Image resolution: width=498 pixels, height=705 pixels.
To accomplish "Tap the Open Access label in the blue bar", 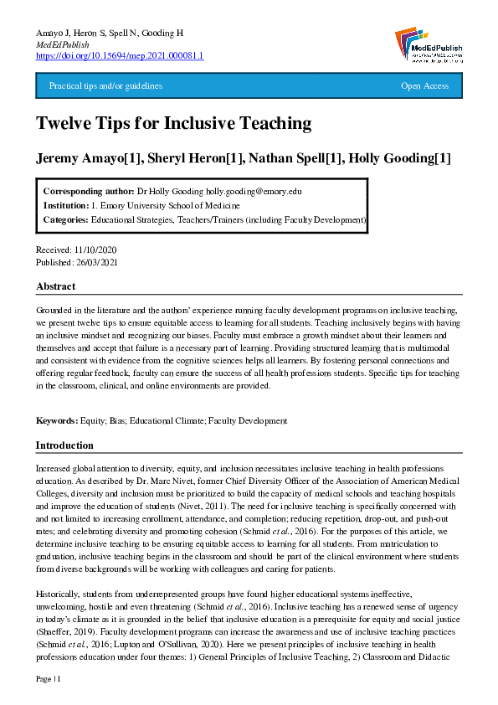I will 424,86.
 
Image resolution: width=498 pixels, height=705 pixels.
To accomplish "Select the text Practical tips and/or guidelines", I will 105,86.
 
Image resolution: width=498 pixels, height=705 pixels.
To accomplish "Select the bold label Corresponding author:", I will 88,191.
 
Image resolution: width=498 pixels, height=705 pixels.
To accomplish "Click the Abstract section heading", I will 56,287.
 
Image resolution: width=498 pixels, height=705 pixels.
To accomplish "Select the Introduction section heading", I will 64,445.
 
